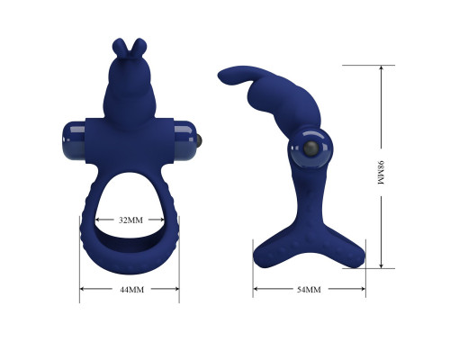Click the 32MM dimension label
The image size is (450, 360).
pyautogui.click(x=130, y=220)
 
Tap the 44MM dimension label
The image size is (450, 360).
pyautogui.click(x=132, y=290)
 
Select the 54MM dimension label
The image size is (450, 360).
pyautogui.click(x=309, y=290)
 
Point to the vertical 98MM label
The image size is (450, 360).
pyautogui.click(x=381, y=173)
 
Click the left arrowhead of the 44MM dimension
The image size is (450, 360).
pyautogui.click(x=83, y=289)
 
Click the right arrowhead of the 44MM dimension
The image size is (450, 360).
pyautogui.click(x=176, y=289)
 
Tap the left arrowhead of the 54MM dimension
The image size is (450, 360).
pyautogui.click(x=256, y=289)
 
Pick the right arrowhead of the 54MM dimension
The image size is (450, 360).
pyautogui.click(x=362, y=289)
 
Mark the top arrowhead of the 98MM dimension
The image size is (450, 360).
pyautogui.click(x=382, y=68)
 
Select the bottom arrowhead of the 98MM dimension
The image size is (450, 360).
pyautogui.click(x=382, y=265)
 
